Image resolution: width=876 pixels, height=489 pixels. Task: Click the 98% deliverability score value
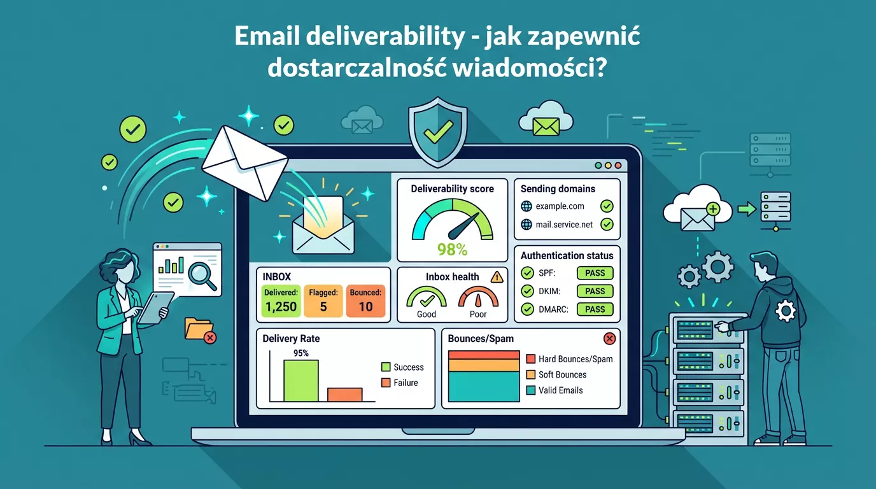pyautogui.click(x=453, y=249)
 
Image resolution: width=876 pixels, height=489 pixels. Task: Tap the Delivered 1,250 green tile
pyautogui.click(x=281, y=301)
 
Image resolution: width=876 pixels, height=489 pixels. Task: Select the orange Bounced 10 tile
pyautogui.click(x=365, y=301)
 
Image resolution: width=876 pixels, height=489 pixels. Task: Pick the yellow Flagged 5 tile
pyautogui.click(x=323, y=301)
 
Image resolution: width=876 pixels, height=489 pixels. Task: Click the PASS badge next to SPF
pyautogui.click(x=595, y=273)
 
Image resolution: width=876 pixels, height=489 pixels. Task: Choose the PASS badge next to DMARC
pyautogui.click(x=595, y=309)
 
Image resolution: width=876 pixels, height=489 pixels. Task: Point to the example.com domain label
pyautogui.click(x=560, y=206)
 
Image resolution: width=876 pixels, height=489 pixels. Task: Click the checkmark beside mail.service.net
pyautogui.click(x=607, y=224)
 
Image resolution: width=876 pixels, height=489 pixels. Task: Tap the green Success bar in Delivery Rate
pyautogui.click(x=300, y=381)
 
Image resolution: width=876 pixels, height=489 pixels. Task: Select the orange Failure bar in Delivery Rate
pyautogui.click(x=344, y=395)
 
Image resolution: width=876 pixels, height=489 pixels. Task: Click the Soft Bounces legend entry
pyautogui.click(x=562, y=375)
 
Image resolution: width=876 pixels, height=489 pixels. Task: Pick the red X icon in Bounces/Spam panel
pyautogui.click(x=609, y=339)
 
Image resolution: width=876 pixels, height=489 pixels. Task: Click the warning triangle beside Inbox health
pyautogui.click(x=497, y=276)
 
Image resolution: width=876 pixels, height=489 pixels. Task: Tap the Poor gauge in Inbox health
pyautogui.click(x=477, y=300)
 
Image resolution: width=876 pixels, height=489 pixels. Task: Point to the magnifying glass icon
pyautogui.click(x=202, y=274)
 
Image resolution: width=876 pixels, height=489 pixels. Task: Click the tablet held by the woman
pyautogui.click(x=155, y=308)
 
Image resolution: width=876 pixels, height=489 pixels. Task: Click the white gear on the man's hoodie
pyautogui.click(x=786, y=311)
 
